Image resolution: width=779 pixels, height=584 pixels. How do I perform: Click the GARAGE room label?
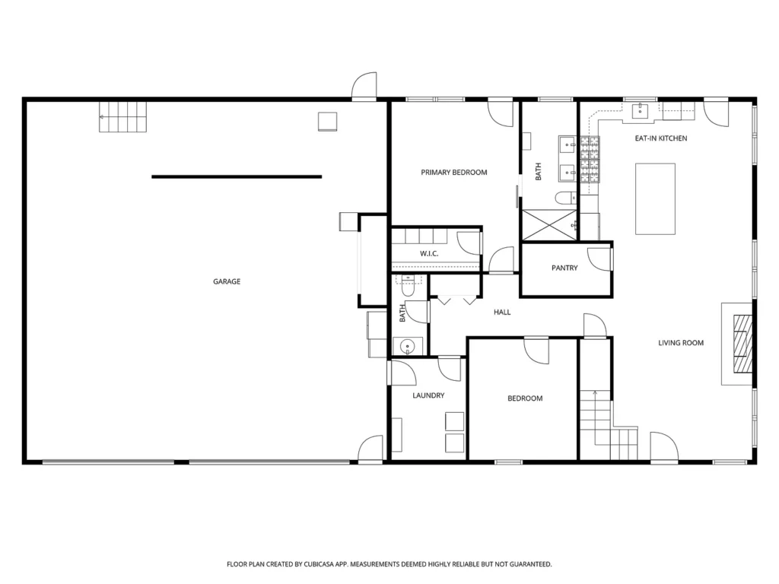[x=227, y=281]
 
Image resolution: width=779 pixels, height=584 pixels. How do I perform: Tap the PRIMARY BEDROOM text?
[x=454, y=173]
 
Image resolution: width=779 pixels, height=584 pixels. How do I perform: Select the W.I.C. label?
[x=429, y=254]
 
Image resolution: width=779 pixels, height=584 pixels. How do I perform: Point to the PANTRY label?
[x=564, y=268]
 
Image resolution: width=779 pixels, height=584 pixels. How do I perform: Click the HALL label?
[x=502, y=313]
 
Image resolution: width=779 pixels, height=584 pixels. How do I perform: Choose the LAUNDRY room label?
[x=428, y=395]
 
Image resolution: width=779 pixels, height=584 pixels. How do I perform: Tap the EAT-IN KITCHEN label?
[x=661, y=138]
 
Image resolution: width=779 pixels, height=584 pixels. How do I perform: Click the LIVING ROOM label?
[x=681, y=343]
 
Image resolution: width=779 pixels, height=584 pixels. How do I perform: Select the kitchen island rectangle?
[x=655, y=198]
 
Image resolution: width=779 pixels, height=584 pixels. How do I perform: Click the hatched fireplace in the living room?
[x=742, y=343]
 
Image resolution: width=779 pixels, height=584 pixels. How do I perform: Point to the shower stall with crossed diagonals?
[x=549, y=225]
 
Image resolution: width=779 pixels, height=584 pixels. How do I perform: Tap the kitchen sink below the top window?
[x=641, y=112]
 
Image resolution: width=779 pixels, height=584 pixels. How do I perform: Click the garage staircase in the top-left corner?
[x=122, y=117]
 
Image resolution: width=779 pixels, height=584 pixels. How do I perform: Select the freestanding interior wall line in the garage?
[x=237, y=176]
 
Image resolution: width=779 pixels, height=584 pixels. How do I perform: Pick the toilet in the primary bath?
[x=565, y=198]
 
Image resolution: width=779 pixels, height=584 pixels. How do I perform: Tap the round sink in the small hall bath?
[x=408, y=346]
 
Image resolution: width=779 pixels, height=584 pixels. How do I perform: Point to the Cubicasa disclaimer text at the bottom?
[x=389, y=564]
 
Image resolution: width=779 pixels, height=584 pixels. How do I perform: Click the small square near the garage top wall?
[x=327, y=122]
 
